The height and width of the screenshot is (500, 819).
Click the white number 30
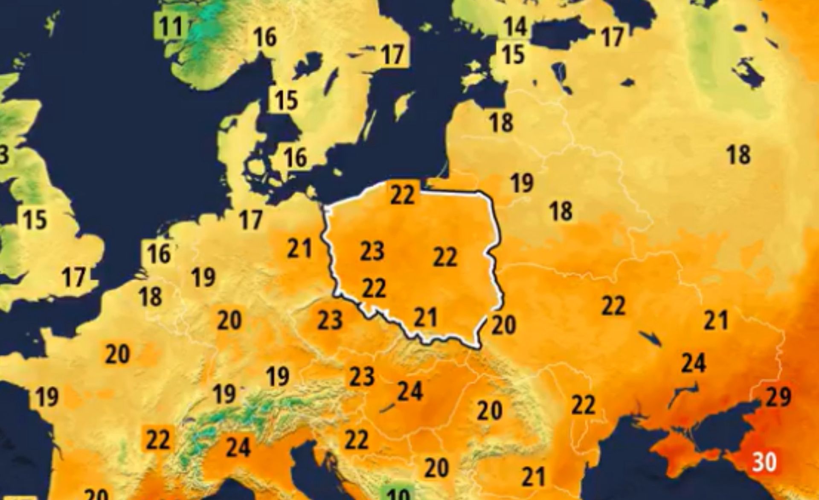pyautogui.click(x=764, y=462)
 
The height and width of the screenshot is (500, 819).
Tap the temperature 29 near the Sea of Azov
pyautogui.click(x=778, y=396)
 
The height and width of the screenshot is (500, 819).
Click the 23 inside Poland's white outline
pyautogui.click(x=372, y=251)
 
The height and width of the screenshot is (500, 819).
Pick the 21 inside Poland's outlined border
pyautogui.click(x=425, y=318)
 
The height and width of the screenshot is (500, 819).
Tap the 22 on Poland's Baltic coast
pyautogui.click(x=402, y=195)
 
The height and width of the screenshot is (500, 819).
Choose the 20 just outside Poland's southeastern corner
pyautogui.click(x=503, y=325)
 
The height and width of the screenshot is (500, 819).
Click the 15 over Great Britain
pyautogui.click(x=35, y=219)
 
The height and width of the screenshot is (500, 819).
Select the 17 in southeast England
pyautogui.click(x=74, y=277)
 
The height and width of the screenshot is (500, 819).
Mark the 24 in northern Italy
pyautogui.click(x=238, y=447)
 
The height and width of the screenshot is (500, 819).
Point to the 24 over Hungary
pyautogui.click(x=409, y=391)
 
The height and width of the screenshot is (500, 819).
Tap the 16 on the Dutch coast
pyautogui.click(x=159, y=253)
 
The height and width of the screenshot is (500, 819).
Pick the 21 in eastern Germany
pyautogui.click(x=299, y=248)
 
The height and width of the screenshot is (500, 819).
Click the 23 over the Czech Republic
pyautogui.click(x=330, y=320)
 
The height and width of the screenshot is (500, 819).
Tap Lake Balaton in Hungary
pyautogui.click(x=387, y=408)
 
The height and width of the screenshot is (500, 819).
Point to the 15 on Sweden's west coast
pyautogui.click(x=285, y=100)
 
